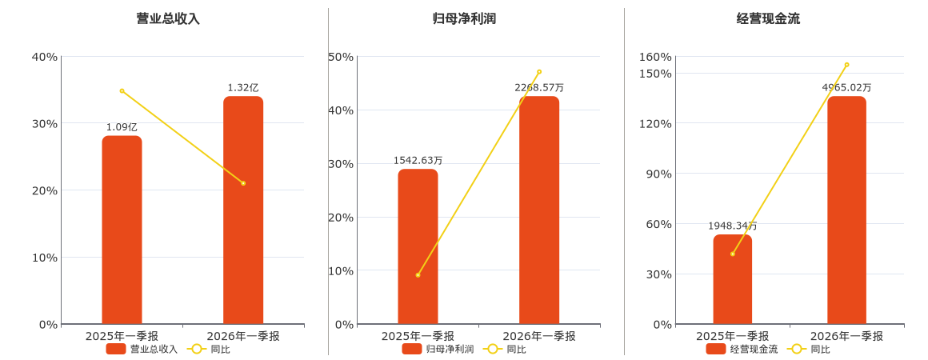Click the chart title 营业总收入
coord(168,18)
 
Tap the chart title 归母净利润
coord(464,18)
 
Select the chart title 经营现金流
coord(768,18)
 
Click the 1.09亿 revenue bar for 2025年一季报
coord(122,230)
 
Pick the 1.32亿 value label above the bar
coord(243,88)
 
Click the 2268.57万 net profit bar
coord(539,210)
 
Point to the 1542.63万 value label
coord(418,161)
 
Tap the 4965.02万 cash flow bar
coord(847,210)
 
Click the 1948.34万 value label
coord(733,226)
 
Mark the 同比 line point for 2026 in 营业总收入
coord(243,183)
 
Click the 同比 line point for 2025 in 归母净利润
coord(418,275)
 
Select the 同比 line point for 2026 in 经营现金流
coord(847,65)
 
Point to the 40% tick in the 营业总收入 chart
coord(44,57)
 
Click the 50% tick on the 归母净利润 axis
coord(340,57)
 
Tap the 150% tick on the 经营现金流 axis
coord(655,74)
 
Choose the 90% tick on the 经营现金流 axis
coord(658,174)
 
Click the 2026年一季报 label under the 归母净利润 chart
coord(539,336)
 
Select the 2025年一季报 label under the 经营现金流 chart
coord(733,336)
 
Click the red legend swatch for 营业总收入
coord(116,350)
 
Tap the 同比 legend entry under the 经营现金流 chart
coord(811,350)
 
